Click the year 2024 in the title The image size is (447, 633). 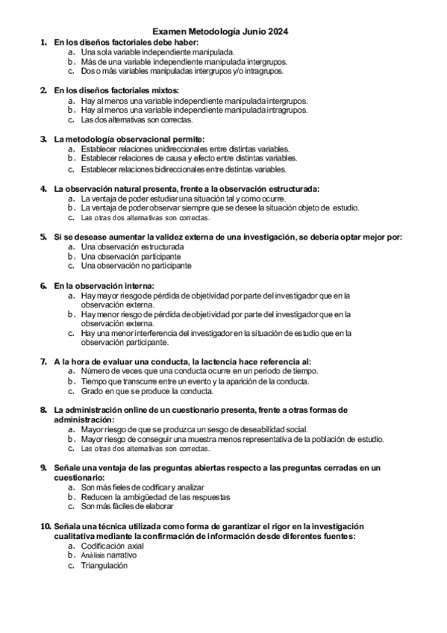[278, 32]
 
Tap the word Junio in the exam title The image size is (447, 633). [250, 32]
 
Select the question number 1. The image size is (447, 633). [43, 43]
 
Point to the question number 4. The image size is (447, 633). [43, 188]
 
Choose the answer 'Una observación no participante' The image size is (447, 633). [136, 265]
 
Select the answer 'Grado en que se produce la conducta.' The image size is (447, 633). [147, 390]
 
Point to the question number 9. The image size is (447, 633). [43, 467]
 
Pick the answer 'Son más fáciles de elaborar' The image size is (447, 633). [132, 506]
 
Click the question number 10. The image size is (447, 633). [45, 526]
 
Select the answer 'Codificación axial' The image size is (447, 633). [112, 546]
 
